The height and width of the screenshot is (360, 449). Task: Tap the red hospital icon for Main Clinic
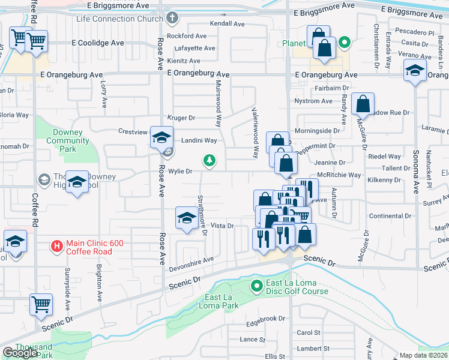coord(56,245)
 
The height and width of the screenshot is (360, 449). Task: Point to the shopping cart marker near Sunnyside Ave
coord(41,305)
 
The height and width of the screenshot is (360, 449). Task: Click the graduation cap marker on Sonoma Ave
coord(415,72)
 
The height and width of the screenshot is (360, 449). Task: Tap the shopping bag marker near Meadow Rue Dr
coord(363,104)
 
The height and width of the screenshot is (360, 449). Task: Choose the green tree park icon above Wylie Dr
coord(209,160)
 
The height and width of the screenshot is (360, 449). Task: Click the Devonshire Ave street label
coord(191,260)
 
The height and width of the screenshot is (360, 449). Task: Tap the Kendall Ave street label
coord(227,24)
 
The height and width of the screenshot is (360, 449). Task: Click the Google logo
coord(20,353)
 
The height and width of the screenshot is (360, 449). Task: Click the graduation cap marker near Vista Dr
coord(186,218)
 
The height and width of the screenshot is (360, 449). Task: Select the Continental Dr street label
coord(390,216)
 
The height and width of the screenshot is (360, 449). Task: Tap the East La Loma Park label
coord(221,301)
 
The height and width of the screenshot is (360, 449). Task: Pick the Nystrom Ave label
coord(313,101)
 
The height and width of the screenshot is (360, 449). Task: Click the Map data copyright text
coord(423,355)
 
